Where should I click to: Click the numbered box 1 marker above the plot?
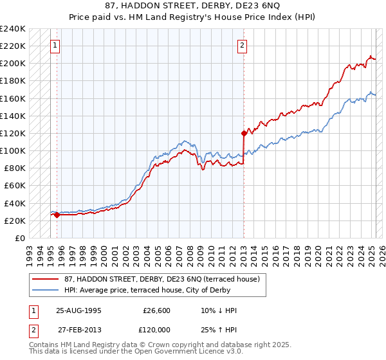pyautogui.click(x=56, y=46)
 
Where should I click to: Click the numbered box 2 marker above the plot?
pyautogui.click(x=242, y=46)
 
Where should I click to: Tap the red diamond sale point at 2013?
pyautogui.click(x=244, y=134)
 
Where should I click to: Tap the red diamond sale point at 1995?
pyautogui.click(x=57, y=215)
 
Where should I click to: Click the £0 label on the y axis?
pyautogui.click(x=19, y=238)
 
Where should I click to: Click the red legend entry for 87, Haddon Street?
pyautogui.click(x=161, y=279)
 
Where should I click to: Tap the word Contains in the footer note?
pyautogui.click(x=45, y=345)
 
